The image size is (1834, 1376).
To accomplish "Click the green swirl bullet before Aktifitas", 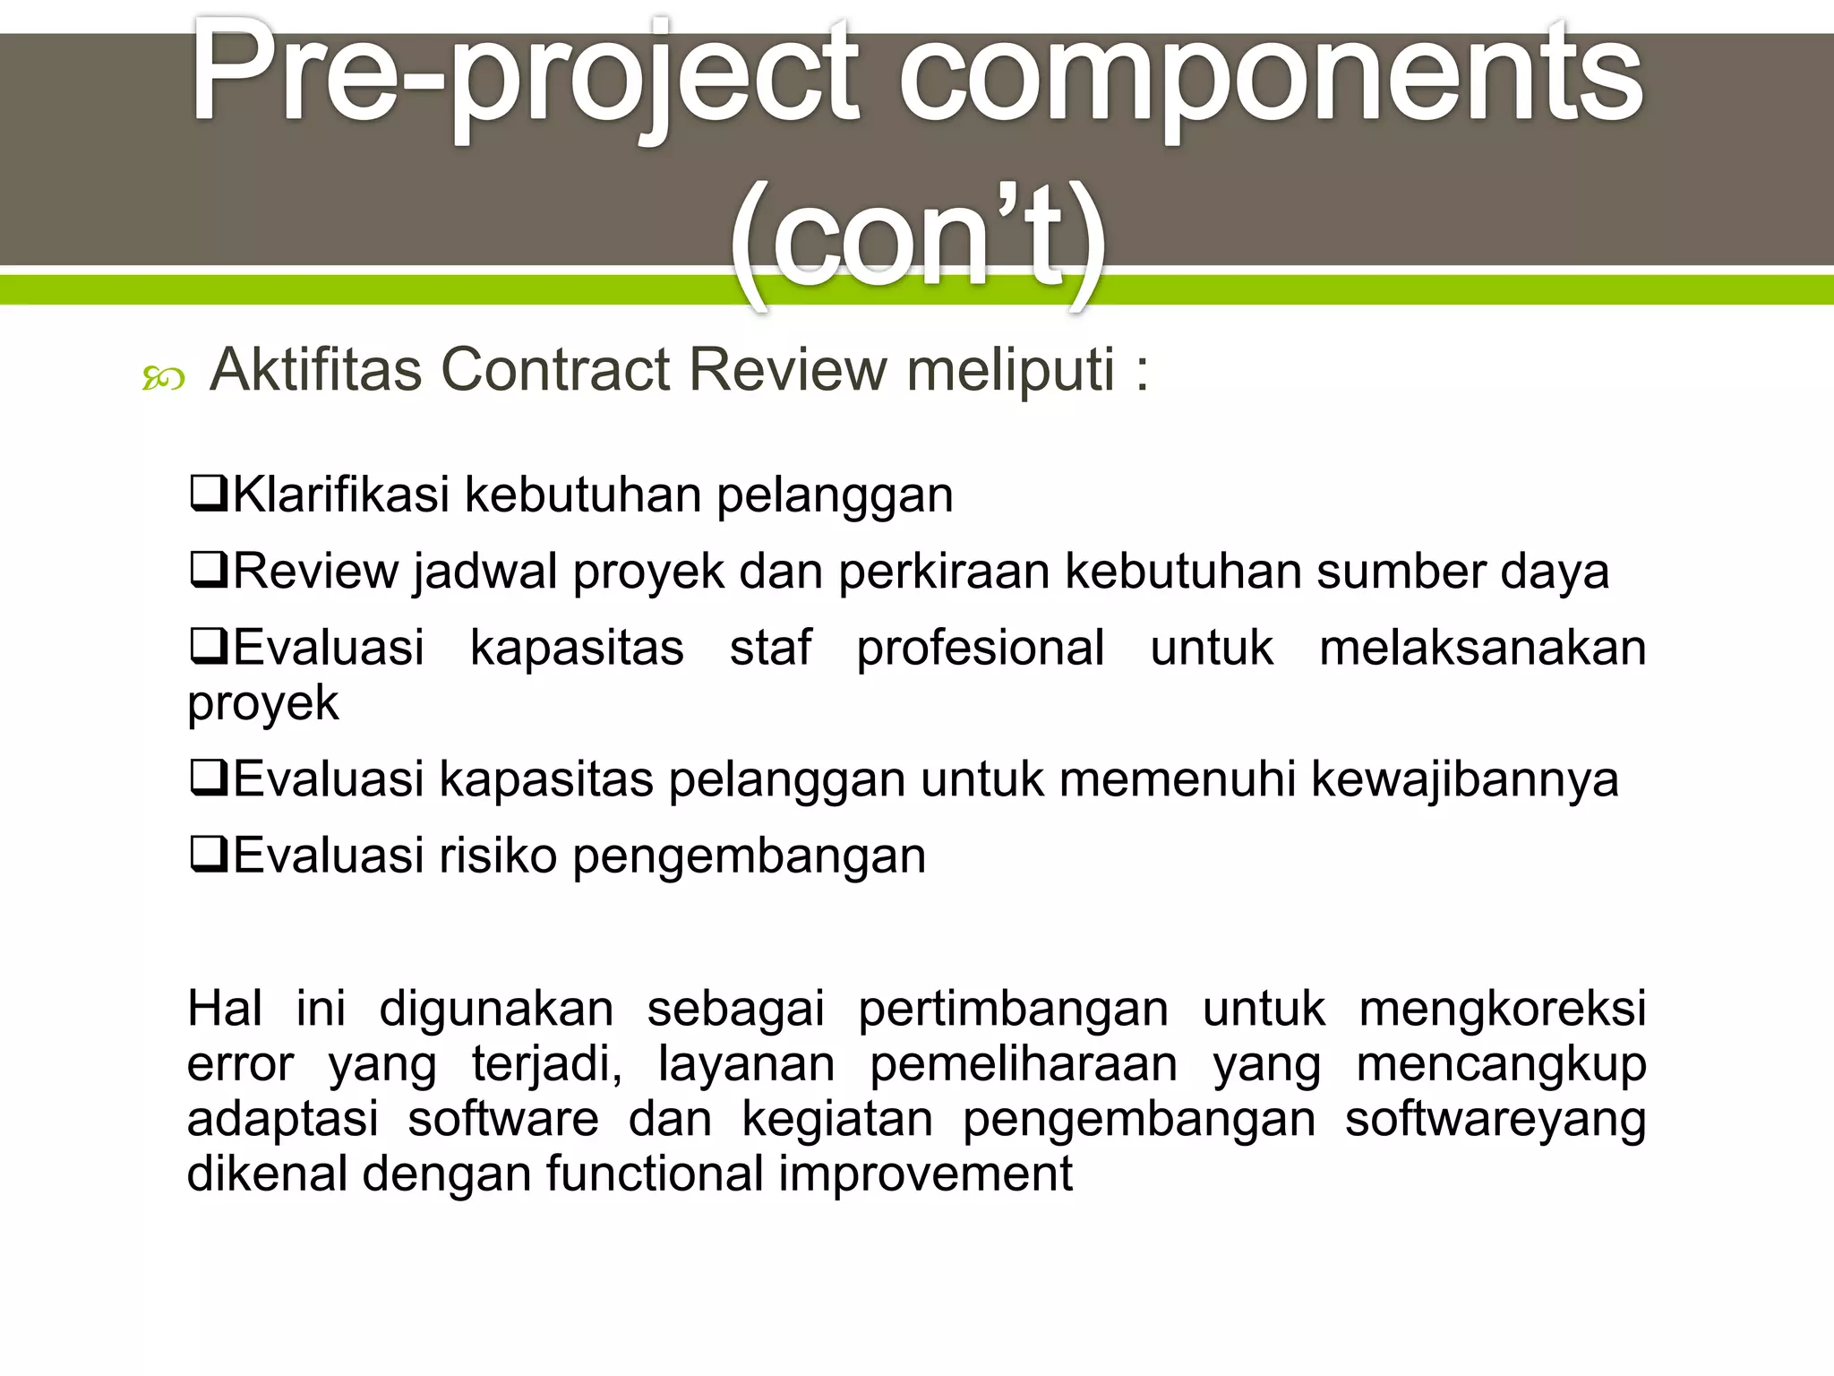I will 163,380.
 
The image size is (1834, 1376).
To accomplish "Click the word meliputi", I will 1011,370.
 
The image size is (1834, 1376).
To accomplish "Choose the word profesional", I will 981,648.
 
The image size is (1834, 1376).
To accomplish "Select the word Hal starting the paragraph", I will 225,1009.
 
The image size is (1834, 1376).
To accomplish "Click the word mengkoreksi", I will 1503,1009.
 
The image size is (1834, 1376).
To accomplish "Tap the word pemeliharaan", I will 1024,1064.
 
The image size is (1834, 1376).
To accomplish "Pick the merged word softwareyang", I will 1495,1120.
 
